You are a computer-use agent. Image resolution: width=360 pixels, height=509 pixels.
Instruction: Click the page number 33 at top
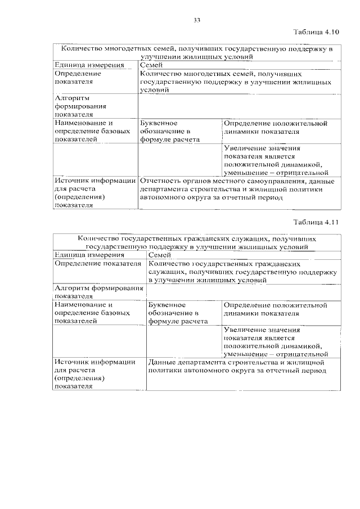tap(197, 21)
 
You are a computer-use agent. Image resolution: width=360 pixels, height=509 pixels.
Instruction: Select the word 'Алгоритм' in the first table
tap(69, 98)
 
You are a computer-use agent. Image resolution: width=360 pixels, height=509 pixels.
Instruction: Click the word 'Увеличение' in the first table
tap(242, 148)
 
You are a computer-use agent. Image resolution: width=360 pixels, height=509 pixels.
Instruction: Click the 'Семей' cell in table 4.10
tap(151, 65)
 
